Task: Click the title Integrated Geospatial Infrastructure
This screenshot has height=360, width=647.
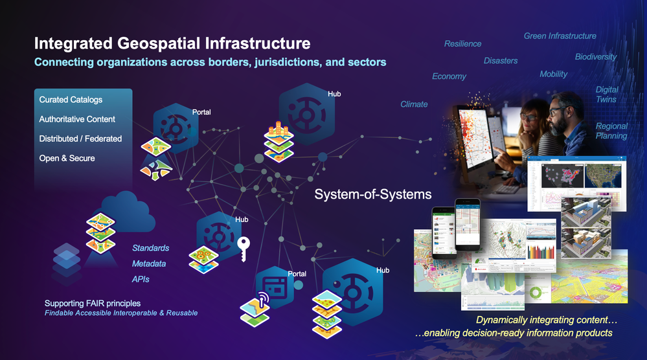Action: (172, 44)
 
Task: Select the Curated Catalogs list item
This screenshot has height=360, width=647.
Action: (71, 100)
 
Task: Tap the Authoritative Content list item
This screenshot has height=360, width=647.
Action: (77, 119)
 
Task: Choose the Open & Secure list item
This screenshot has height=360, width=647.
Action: (67, 158)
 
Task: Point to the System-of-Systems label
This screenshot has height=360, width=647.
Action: (373, 194)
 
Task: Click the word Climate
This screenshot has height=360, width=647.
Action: (414, 104)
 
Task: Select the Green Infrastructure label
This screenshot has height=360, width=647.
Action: (560, 36)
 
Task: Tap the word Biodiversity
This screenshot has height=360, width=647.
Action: (596, 56)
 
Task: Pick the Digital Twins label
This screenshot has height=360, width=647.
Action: (607, 95)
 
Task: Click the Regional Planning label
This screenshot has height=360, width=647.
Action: (611, 131)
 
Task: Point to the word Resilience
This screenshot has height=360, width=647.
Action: (462, 43)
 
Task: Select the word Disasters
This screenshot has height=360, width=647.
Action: (501, 60)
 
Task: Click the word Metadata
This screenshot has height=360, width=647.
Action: (149, 264)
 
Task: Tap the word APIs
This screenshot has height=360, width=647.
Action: (141, 279)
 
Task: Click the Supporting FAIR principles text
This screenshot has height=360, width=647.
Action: (93, 303)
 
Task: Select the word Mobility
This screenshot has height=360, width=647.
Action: (553, 74)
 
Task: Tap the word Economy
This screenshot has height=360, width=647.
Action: (449, 76)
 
